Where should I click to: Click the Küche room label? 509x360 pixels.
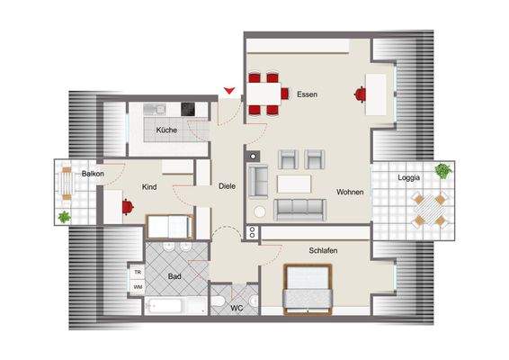point(166,130)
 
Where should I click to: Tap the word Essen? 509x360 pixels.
point(307,94)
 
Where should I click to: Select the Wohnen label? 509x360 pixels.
point(351,192)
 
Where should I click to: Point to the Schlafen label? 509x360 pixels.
point(323,250)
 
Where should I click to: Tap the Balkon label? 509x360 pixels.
point(93,173)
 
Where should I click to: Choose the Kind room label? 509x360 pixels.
point(150,187)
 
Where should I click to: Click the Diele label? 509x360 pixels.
point(228,186)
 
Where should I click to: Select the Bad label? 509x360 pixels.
point(176,277)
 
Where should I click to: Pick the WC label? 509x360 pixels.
point(237,309)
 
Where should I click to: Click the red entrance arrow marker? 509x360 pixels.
point(231,89)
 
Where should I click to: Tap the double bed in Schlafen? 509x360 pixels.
point(310,289)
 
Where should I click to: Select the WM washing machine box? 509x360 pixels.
point(138,286)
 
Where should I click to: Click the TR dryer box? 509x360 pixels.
point(138,271)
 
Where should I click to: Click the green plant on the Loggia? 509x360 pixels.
point(442,170)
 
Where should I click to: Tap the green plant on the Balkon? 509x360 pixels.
point(64,216)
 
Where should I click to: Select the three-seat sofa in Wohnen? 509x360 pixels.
point(299,209)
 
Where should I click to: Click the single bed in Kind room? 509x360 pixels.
point(167,226)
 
